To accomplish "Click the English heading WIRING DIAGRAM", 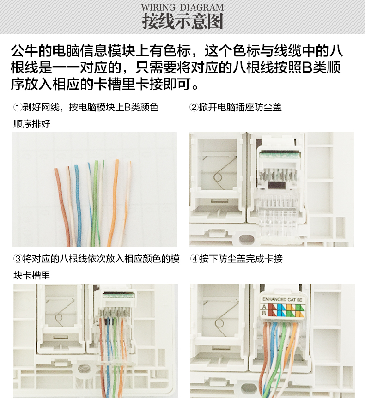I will (182, 7).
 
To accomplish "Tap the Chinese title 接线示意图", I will (182, 21).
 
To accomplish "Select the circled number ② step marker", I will (194, 108).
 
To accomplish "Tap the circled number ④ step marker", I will (194, 259).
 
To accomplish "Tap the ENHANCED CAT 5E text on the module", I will (281, 299).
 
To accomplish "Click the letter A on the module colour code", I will (264, 306).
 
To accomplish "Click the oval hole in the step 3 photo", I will (84, 369).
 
